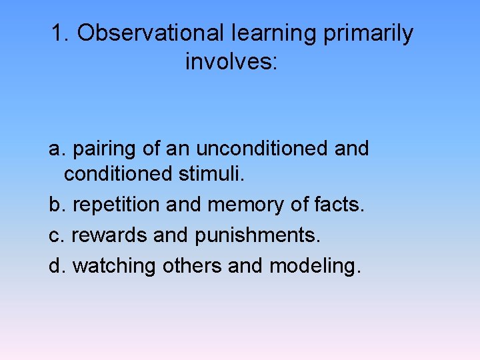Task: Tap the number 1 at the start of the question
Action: point(57,33)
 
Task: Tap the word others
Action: point(191,265)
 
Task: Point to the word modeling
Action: point(315,265)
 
